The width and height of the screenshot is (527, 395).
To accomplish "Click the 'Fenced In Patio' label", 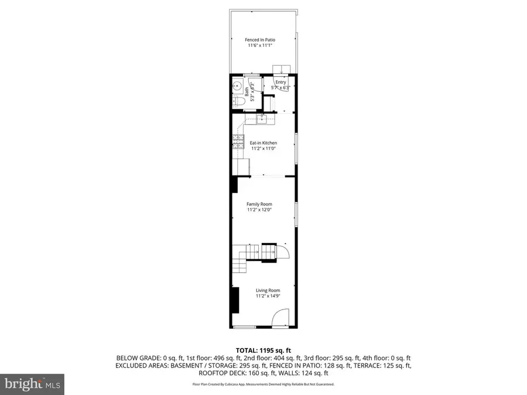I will coord(260,40).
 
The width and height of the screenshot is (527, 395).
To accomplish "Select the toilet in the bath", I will coord(238,101).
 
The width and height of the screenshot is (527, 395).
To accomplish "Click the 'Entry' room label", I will coord(280,83).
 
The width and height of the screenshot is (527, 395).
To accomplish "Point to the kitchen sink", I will coord(261,119).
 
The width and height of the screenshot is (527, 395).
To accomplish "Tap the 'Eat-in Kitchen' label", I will coord(263,143).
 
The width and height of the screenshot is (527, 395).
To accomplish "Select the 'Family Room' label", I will coord(259,204).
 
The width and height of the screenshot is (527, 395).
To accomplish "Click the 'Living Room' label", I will coord(268,290).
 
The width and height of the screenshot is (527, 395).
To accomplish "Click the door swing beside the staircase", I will coord(282,251).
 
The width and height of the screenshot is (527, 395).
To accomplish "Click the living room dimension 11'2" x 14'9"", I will coord(268,296).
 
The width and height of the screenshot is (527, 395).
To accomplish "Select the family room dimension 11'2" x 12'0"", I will coord(259,210).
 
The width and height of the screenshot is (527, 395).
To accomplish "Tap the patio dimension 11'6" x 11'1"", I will coord(260,46).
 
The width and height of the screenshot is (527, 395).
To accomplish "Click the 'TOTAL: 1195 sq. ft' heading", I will coord(263,349).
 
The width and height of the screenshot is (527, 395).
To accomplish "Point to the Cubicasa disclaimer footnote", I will coord(263,384).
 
